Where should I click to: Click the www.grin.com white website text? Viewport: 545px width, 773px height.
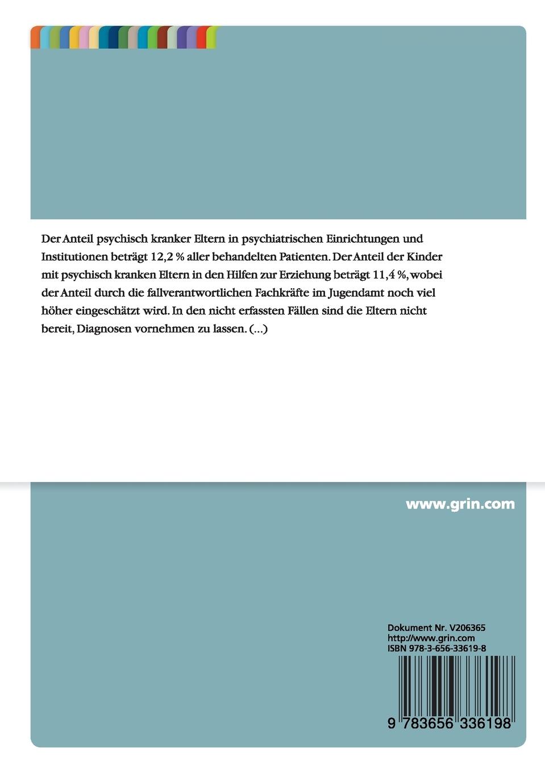click(x=460, y=504)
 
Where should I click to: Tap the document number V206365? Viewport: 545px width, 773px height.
click(x=467, y=628)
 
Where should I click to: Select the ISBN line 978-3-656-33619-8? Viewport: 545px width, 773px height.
click(x=436, y=649)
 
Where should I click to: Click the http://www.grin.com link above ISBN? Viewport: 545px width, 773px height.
click(x=431, y=638)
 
